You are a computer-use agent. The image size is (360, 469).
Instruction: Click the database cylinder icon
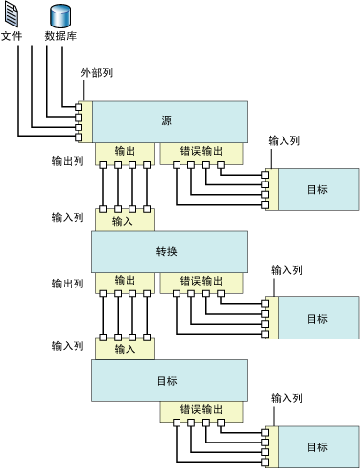(x=60, y=16)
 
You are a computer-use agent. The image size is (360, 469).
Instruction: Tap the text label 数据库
(x=60, y=36)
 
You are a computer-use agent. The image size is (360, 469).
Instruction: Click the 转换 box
(x=167, y=251)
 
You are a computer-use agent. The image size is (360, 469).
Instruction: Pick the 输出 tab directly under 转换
(x=125, y=281)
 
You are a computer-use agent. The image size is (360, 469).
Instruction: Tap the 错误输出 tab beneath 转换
(x=201, y=281)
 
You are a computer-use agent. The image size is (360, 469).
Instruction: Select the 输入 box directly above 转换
(x=125, y=221)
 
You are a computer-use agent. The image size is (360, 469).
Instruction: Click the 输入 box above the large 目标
(x=125, y=348)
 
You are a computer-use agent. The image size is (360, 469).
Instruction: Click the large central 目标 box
(x=167, y=379)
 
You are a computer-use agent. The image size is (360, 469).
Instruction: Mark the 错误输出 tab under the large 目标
(x=201, y=409)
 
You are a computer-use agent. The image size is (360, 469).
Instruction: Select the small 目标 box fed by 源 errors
(x=316, y=189)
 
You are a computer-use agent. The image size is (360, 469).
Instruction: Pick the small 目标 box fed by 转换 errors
(x=316, y=319)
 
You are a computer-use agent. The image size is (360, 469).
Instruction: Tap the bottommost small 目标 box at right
(x=316, y=447)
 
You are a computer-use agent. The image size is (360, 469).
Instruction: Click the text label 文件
(x=12, y=36)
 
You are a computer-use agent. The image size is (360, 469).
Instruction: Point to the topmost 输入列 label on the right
(x=284, y=141)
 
